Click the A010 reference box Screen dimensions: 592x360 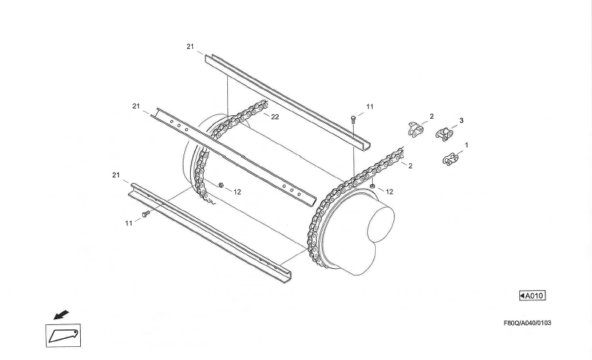pos(532,295)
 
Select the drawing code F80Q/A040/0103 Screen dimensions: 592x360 pos(527,323)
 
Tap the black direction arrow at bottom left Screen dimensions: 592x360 pos(61,315)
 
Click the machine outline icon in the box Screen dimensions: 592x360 pos(63,335)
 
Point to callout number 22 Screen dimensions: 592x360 pos(275,117)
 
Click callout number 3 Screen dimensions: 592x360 pos(461,120)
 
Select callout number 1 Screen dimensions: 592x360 pos(467,145)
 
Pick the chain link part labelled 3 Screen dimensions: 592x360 pos(444,135)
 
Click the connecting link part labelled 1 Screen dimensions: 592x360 pos(451,159)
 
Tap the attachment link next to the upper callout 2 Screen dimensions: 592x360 pos(416,130)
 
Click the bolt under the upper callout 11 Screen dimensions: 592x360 pos(353,120)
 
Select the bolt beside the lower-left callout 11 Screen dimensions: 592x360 pos(146,214)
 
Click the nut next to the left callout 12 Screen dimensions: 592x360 pos(221,184)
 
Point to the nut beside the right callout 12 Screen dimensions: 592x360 pos(372,187)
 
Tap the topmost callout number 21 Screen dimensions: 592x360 pos(190,47)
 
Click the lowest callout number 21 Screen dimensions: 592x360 pos(116,175)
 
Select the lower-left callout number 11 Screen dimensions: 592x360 pos(129,223)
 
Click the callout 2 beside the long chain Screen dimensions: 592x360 pos(411,166)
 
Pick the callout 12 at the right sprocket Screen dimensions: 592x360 pos(390,192)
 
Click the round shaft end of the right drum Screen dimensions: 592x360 pos(382,224)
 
